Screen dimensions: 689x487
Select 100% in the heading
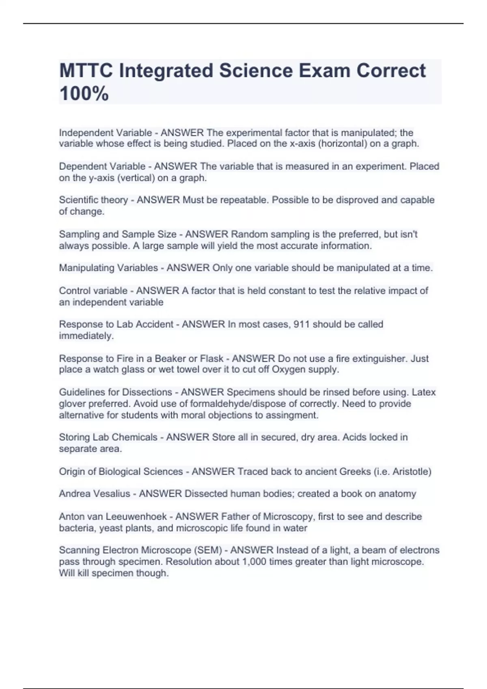[84, 94]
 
